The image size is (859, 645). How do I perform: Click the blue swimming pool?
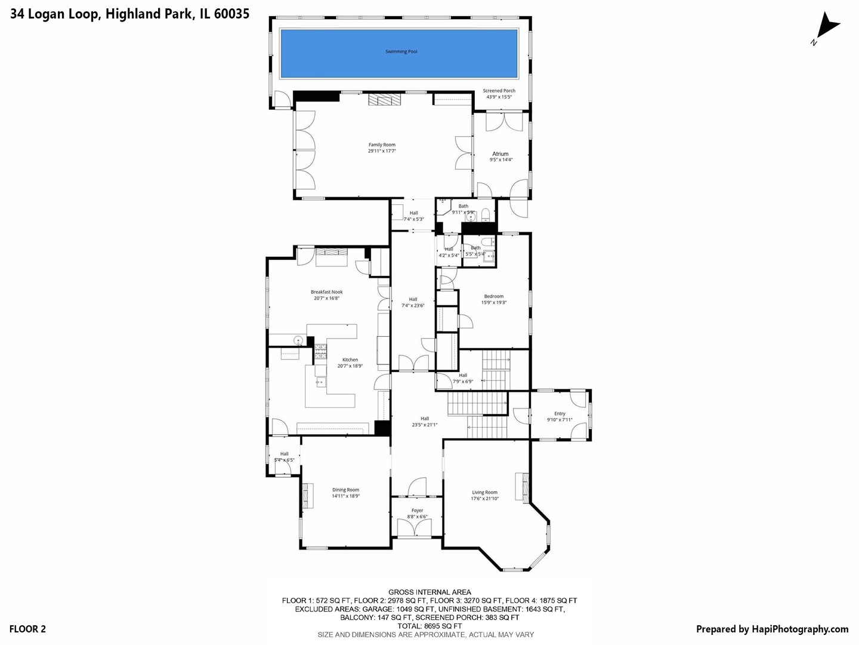(x=399, y=54)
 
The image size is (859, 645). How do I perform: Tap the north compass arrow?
(x=826, y=27)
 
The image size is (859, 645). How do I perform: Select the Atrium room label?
(x=500, y=154)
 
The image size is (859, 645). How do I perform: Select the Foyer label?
(x=418, y=511)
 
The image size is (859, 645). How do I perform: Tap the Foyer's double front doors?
(x=417, y=527)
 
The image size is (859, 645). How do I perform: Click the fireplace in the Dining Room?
(x=308, y=495)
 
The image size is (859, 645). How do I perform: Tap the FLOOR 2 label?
(x=27, y=629)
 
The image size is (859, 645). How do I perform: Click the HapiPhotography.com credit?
(x=772, y=629)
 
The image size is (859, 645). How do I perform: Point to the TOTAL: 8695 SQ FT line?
(x=429, y=626)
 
